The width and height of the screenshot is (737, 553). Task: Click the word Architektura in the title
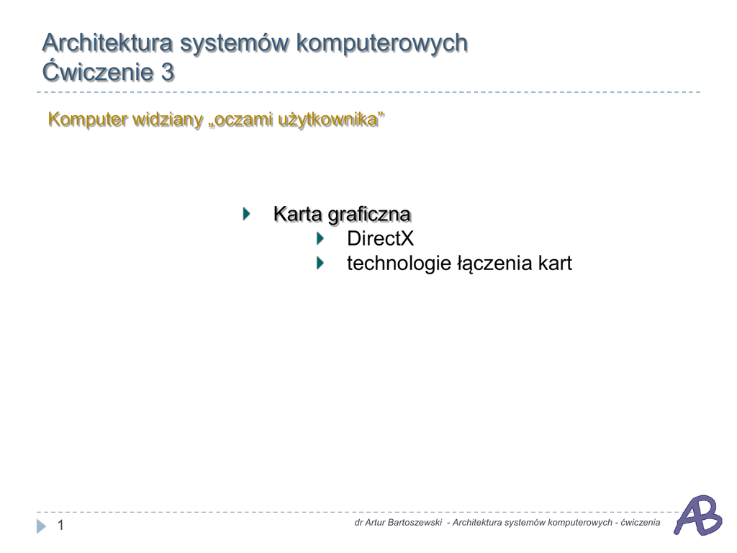point(107,42)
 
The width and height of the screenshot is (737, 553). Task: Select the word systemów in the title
point(235,45)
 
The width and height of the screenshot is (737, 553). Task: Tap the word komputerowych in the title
point(381,45)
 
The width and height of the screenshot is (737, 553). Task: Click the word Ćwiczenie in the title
point(98,71)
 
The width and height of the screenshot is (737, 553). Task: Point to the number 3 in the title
point(168,73)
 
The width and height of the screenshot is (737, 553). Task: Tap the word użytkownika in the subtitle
point(329,120)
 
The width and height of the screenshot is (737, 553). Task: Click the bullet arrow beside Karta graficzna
point(246,214)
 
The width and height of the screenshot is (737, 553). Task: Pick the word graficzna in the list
point(369,215)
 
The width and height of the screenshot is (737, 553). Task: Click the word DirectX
point(380,238)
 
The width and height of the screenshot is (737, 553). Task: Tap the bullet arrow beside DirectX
point(320,238)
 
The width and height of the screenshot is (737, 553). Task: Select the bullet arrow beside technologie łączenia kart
point(320,263)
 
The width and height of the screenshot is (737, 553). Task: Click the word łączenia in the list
point(494,264)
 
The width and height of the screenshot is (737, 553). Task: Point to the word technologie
point(399,264)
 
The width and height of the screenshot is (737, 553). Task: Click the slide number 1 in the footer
point(60,525)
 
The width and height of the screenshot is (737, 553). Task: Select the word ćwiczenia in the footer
point(640,523)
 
